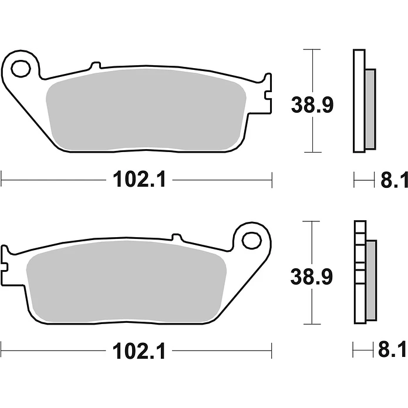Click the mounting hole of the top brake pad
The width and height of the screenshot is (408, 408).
pos(21,69)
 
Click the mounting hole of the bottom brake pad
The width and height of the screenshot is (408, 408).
pos(252,240)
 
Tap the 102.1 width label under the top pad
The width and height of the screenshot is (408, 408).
pos(140,179)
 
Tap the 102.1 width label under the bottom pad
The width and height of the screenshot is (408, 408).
pos(139,350)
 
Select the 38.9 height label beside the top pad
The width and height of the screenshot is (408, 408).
pos(312,105)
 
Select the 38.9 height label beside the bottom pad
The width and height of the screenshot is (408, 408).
pos(312,277)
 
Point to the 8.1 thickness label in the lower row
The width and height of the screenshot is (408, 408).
pos(393,350)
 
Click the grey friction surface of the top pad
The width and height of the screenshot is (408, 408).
pos(146,110)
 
